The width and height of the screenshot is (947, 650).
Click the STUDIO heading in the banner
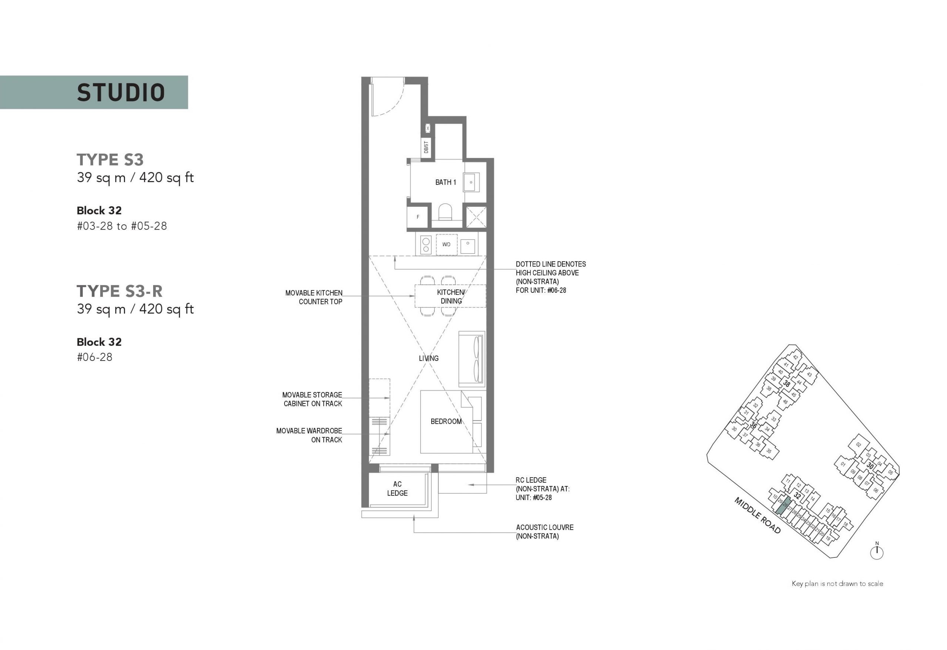pos(121,93)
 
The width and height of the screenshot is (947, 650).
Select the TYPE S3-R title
pos(119,292)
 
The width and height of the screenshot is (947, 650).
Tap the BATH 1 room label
pos(445,182)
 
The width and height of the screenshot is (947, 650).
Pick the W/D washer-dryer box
pos(446,245)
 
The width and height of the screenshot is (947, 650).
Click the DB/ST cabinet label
pos(426,147)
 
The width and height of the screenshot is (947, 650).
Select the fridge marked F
pos(417,217)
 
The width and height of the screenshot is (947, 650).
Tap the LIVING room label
pos(429,358)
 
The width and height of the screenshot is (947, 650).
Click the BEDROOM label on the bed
pos(446,422)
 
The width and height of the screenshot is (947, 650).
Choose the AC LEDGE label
pos(397,489)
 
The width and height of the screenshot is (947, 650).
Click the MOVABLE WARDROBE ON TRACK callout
pos(309,435)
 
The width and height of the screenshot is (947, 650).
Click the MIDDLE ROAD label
pos(758,515)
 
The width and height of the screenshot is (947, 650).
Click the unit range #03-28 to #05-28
pos(122,226)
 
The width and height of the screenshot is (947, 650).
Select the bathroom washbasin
pos(471,182)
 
